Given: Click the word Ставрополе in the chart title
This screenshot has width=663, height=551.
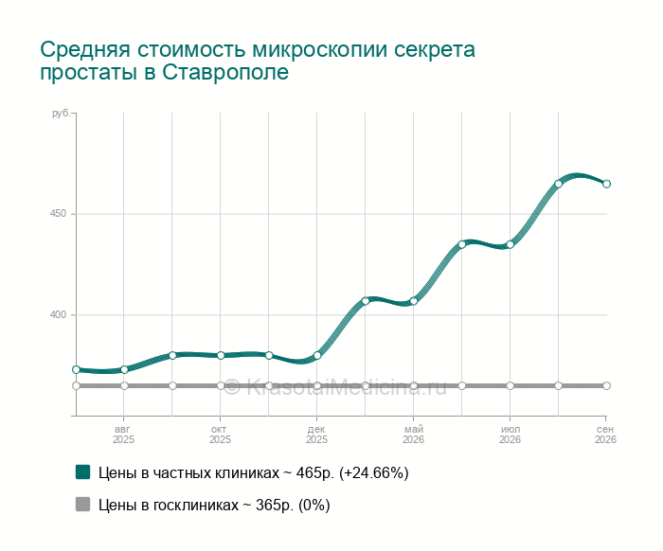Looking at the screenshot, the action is [225, 72].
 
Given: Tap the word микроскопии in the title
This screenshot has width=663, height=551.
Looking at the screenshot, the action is [320, 49].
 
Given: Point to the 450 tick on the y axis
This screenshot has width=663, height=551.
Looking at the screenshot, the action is [59, 213].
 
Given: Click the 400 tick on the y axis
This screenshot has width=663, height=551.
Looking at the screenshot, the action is [59, 314].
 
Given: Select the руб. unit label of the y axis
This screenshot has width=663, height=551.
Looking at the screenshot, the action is [61, 114].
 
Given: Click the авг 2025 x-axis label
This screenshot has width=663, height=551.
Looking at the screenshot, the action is [123, 435].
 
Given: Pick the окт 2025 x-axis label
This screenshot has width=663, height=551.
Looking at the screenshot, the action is [220, 435].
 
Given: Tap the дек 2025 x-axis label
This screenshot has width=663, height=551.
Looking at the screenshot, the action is [316, 435].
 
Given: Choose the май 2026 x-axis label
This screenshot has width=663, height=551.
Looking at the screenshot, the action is [413, 435].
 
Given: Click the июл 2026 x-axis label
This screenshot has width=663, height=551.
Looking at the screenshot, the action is [510, 435].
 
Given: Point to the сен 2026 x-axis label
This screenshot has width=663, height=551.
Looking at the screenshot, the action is [605, 435].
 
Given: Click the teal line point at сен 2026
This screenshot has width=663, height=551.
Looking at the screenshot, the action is [606, 184].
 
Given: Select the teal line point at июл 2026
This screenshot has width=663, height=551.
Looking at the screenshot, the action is [510, 244].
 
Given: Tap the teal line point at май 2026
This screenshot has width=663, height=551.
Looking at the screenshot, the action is [414, 301].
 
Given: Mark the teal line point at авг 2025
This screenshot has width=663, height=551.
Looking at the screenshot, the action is [124, 369].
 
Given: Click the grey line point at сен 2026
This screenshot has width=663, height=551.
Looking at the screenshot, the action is [606, 385].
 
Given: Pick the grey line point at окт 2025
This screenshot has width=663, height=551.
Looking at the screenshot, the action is [221, 385].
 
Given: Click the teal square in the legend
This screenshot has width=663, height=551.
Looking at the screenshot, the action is [83, 472].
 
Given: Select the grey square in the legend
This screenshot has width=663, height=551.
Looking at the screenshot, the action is [83, 504].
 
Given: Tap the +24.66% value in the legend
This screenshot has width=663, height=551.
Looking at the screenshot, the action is [374, 472].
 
